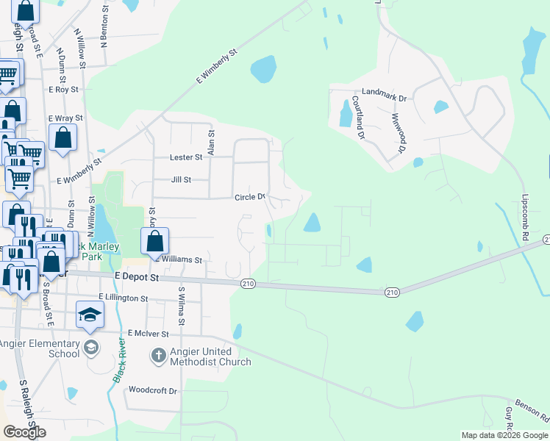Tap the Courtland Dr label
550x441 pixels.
pyautogui.click(x=359, y=118)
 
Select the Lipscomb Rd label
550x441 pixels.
pyautogui.click(x=526, y=218)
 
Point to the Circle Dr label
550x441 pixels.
pyautogui.click(x=250, y=197)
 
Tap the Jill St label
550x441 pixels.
pyautogui.click(x=180, y=179)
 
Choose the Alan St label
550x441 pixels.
pyautogui.click(x=211, y=143)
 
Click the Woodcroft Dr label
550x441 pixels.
pyautogui.click(x=153, y=390)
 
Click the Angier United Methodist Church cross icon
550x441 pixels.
pyautogui.click(x=157, y=356)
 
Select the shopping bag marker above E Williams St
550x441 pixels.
pyautogui.click(x=154, y=241)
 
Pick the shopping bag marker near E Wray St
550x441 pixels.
pyautogui.click(x=63, y=137)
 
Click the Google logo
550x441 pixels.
pyautogui.click(x=24, y=432)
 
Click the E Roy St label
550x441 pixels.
pyautogui.click(x=63, y=90)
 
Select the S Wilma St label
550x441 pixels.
pyautogui.click(x=179, y=303)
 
